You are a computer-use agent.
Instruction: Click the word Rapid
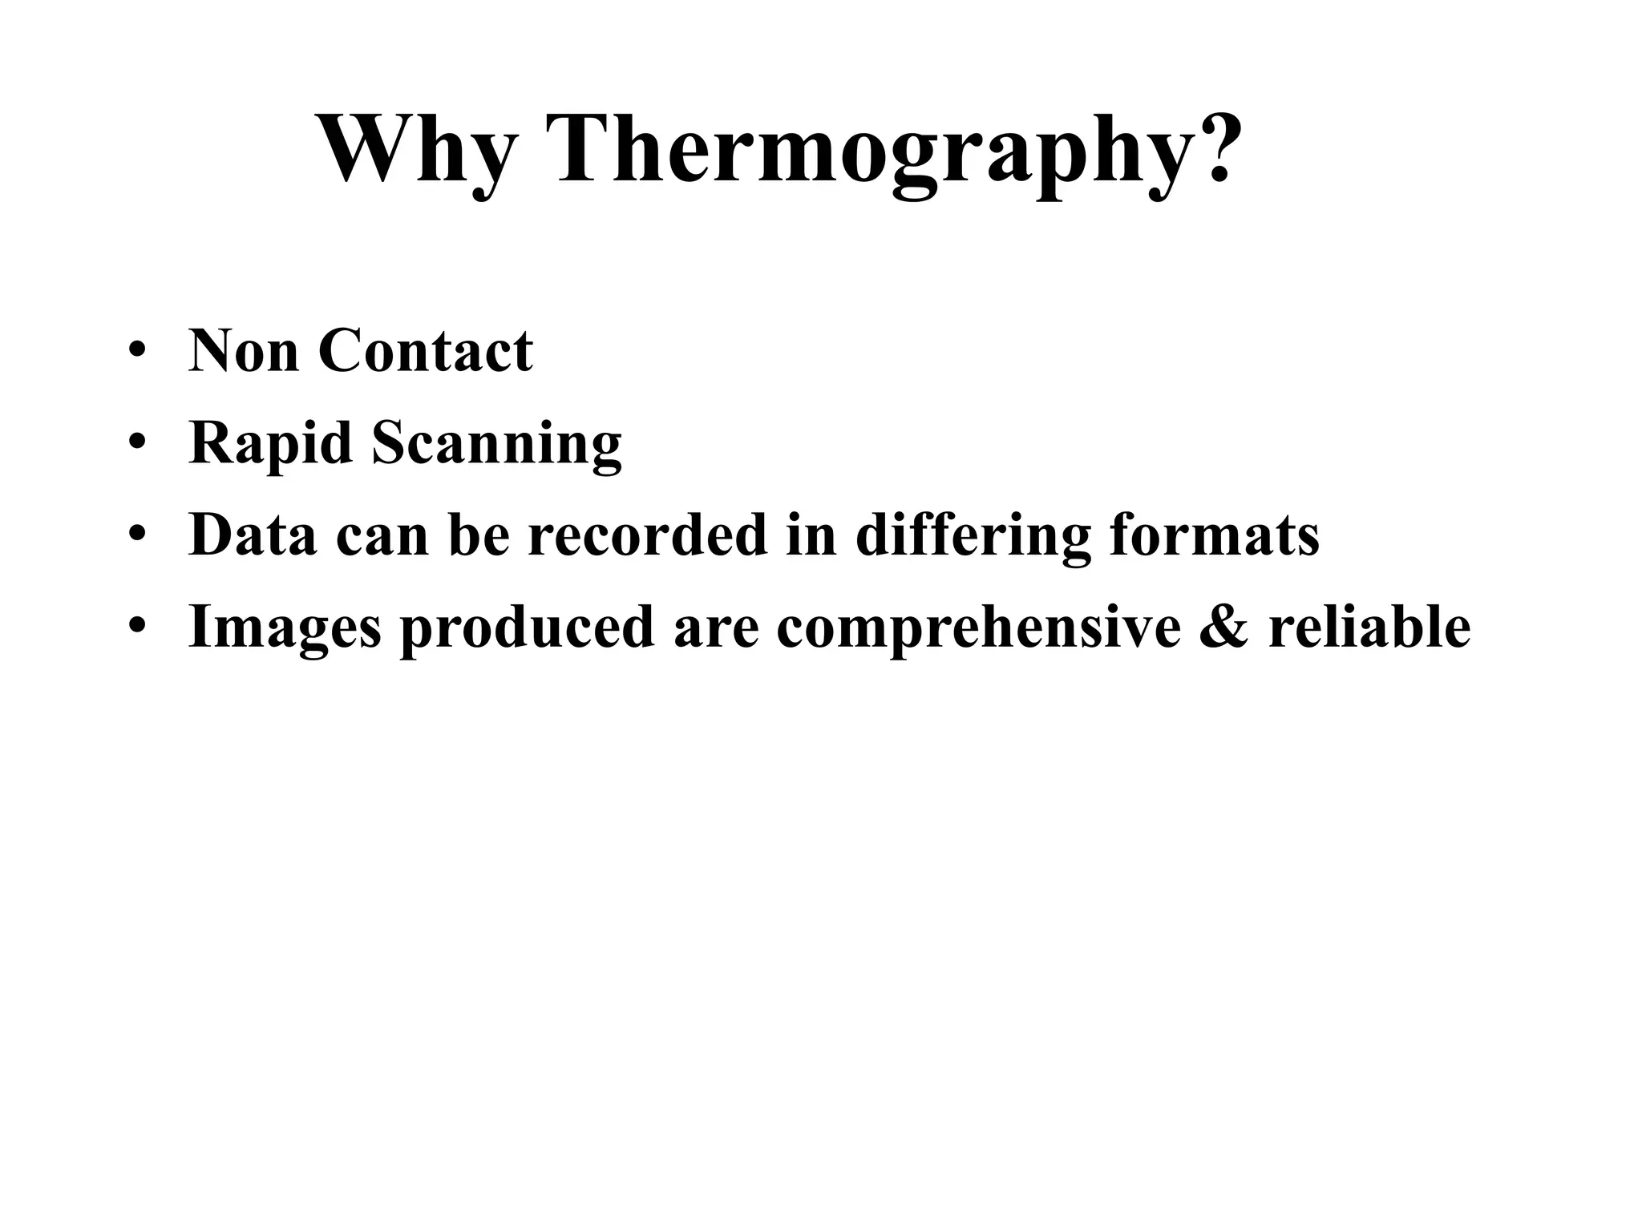[x=270, y=443]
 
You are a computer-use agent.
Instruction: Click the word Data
[x=253, y=535]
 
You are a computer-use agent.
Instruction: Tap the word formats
[x=1214, y=535]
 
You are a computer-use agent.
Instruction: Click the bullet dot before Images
[x=137, y=627]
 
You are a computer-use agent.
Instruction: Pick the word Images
[x=285, y=627]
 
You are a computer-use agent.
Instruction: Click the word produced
[x=528, y=627]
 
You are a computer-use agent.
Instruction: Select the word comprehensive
[x=978, y=627]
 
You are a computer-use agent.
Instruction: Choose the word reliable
[x=1369, y=627]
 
